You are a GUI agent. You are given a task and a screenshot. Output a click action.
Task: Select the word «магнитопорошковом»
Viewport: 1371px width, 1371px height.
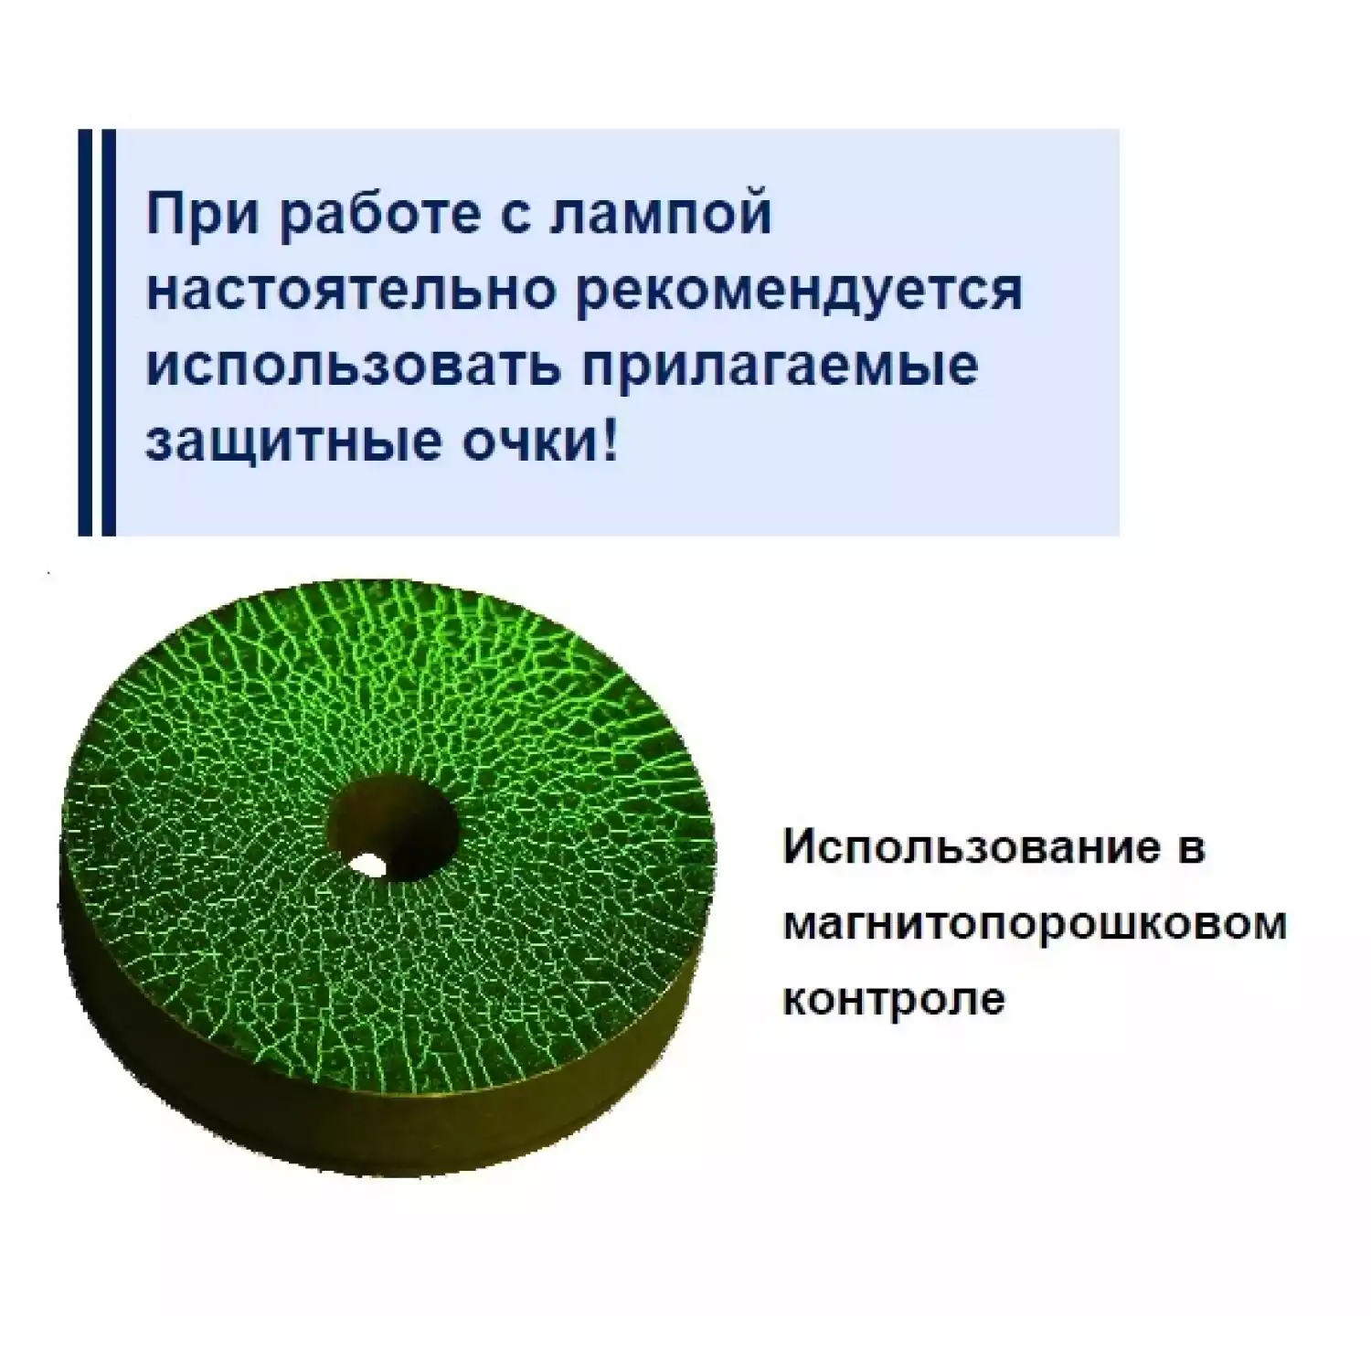click(x=1035, y=924)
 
